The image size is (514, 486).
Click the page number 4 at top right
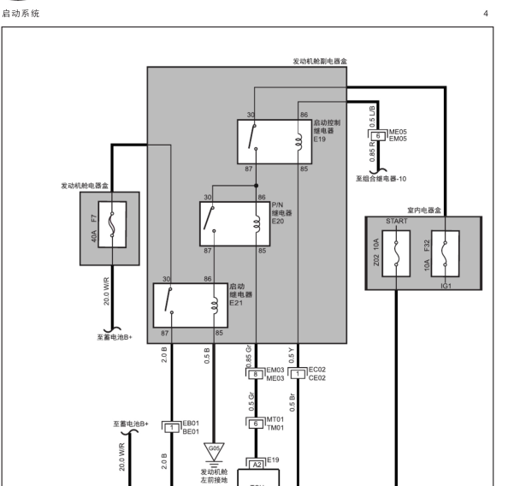pos(486,14)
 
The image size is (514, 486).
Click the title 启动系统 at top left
pos(21,14)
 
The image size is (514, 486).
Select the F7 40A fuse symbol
pos(112,225)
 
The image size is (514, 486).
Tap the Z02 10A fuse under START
pos(396,253)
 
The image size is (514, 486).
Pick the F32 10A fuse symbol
pos(446,253)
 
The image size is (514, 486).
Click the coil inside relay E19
pos(298,142)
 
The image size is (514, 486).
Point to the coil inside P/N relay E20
pos(257,224)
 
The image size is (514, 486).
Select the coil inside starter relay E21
pos(215,305)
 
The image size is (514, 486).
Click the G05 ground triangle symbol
pos(214,451)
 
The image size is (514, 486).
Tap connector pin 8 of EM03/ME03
pos(256,374)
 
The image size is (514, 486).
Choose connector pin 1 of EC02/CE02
pos(298,374)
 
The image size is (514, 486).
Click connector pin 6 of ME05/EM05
pos(378,136)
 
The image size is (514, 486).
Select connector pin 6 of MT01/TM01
pos(256,424)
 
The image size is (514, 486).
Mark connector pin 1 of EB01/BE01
pos(171,428)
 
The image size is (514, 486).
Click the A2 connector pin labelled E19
pos(257,465)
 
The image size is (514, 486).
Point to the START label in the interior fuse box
pos(397,222)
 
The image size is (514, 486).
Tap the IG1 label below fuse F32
pos(446,286)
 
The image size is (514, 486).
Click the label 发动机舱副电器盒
pos(320,62)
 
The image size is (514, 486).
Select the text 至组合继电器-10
pos(381,179)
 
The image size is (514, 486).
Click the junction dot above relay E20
pos(256,186)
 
